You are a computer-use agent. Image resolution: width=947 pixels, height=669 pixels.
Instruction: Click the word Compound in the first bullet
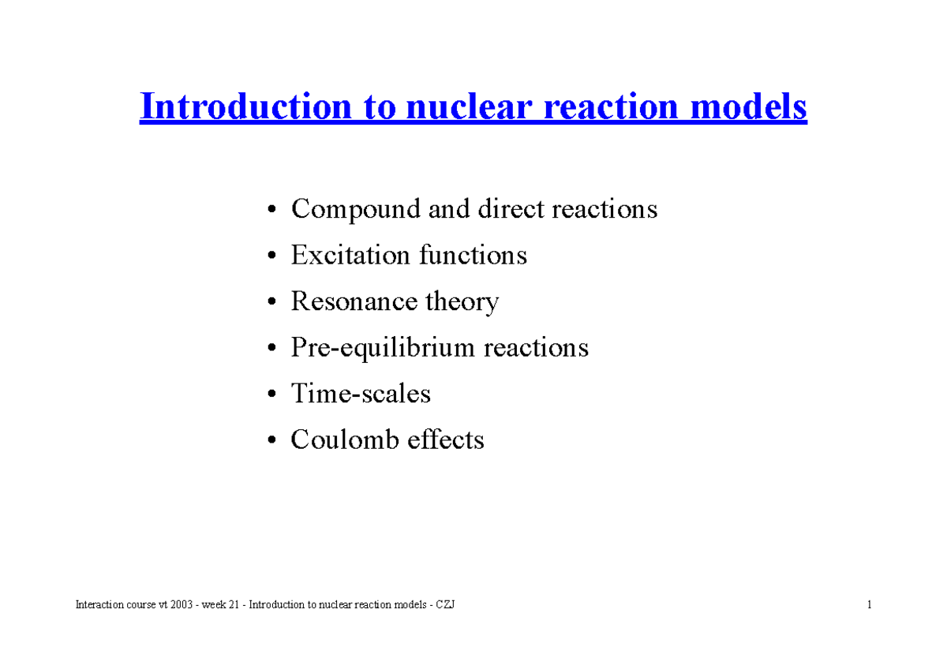click(357, 210)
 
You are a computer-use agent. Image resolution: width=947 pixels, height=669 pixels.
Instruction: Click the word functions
click(473, 256)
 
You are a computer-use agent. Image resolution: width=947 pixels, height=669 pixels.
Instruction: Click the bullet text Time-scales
click(361, 394)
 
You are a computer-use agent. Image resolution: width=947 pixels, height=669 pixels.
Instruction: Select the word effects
click(446, 439)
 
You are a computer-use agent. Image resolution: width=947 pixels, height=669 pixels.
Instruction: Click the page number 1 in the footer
click(869, 605)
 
